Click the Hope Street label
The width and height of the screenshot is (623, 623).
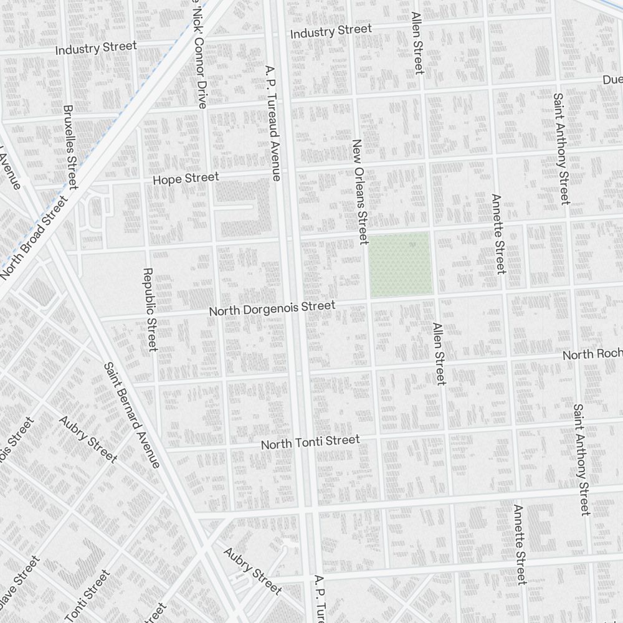point(186,179)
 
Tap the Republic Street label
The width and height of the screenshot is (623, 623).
point(149,310)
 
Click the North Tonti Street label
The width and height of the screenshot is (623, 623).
point(310,442)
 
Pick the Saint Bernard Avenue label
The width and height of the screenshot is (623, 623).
point(131,415)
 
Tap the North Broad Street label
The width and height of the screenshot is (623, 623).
point(33,238)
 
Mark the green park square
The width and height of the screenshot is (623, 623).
point(400,264)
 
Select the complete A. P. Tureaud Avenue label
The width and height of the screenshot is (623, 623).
point(273,123)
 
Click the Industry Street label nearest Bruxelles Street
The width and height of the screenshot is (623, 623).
point(96,47)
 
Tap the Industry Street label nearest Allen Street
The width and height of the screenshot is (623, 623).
point(331,31)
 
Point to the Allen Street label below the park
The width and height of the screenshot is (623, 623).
point(439,353)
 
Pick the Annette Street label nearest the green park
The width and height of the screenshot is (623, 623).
point(498,234)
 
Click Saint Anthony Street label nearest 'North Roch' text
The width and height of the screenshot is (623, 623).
point(581,460)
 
